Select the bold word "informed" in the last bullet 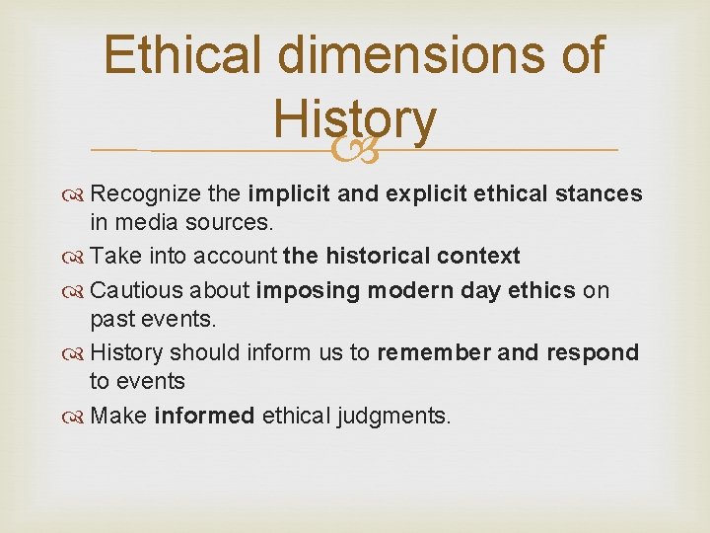204,416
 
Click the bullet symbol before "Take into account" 77,257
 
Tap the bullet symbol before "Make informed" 77,416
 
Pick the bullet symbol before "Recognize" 77,194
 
